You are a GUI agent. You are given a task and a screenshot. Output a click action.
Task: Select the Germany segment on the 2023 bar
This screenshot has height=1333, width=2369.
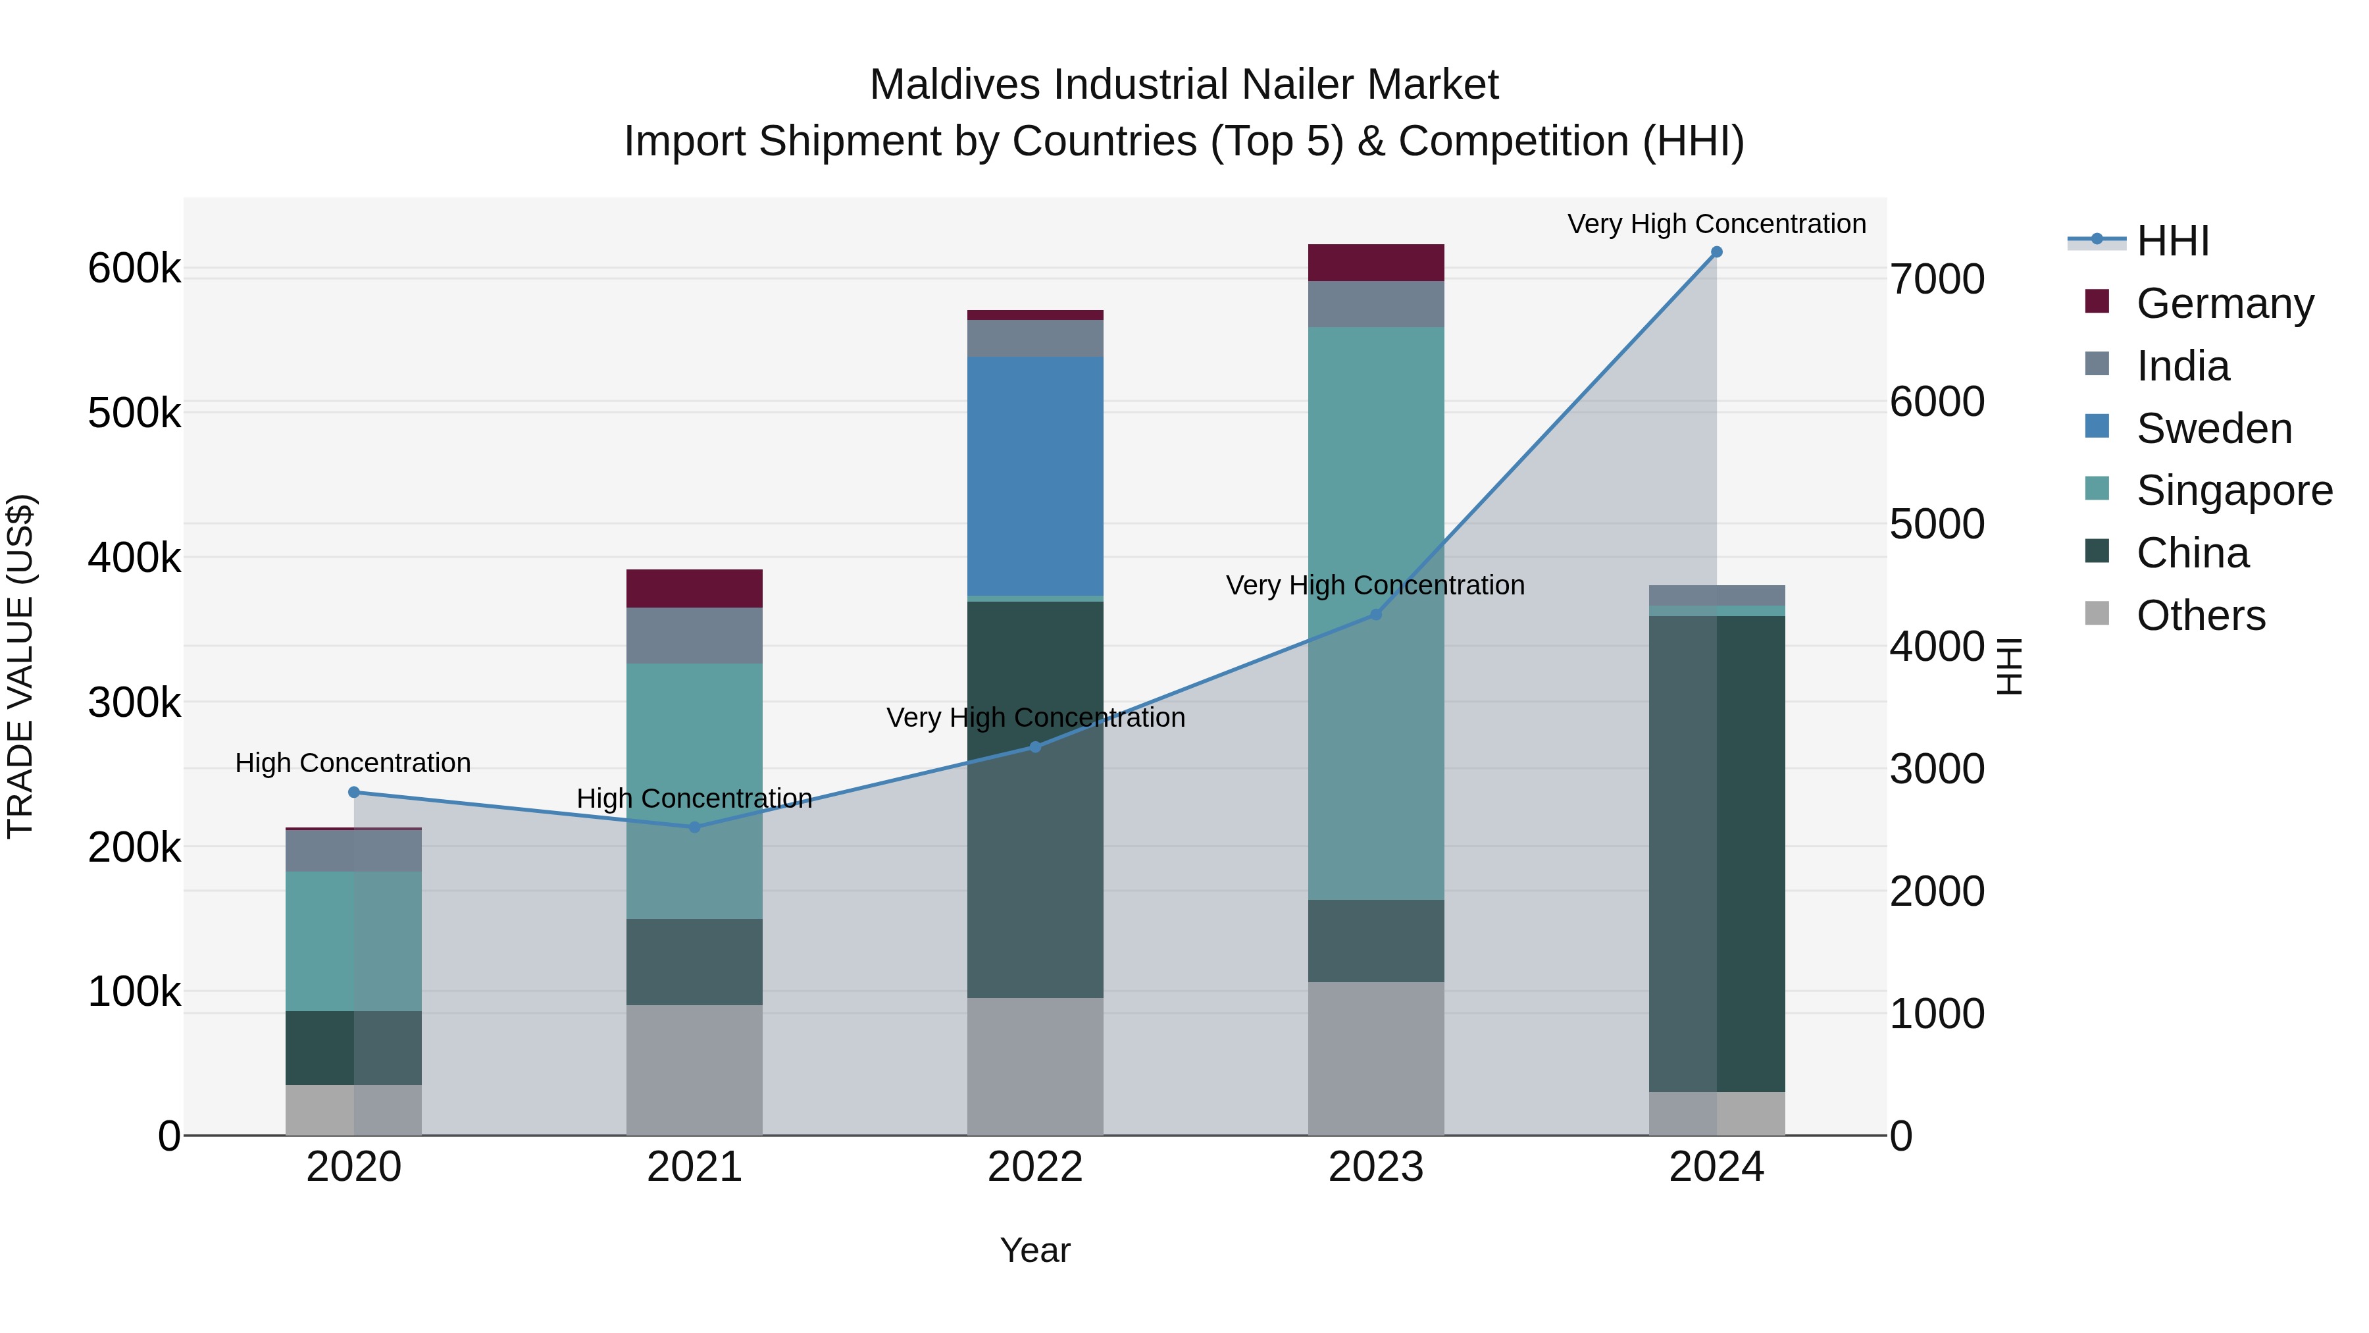[x=1376, y=262]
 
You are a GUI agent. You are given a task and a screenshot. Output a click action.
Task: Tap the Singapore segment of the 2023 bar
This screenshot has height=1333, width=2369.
[x=1376, y=613]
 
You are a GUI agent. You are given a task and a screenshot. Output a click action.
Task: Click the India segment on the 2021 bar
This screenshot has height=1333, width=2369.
[x=694, y=635]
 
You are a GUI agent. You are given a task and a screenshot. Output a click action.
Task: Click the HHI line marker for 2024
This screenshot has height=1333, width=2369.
[x=1716, y=252]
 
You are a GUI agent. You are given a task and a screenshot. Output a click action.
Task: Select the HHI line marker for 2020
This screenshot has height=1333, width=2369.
[x=354, y=792]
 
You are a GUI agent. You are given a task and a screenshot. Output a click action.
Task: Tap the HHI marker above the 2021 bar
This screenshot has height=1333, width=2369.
[x=694, y=827]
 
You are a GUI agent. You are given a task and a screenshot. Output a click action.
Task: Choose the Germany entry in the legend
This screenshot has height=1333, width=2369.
[x=2224, y=303]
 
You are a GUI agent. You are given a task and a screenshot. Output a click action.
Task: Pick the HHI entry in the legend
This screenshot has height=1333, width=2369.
[x=2172, y=241]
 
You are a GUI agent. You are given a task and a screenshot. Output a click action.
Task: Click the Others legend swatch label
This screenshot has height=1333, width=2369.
[x=2200, y=615]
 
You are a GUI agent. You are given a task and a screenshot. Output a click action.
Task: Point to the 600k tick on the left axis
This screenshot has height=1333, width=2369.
[x=134, y=269]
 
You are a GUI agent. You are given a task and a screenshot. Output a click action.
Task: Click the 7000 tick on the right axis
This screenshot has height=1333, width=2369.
[x=1937, y=280]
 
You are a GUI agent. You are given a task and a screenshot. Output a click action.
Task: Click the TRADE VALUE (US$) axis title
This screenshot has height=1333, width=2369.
[x=21, y=666]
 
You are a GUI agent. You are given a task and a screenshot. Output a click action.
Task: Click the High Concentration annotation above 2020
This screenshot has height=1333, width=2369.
[x=353, y=763]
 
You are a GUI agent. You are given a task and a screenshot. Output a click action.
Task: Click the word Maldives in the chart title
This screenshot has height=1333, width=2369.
[x=955, y=85]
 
